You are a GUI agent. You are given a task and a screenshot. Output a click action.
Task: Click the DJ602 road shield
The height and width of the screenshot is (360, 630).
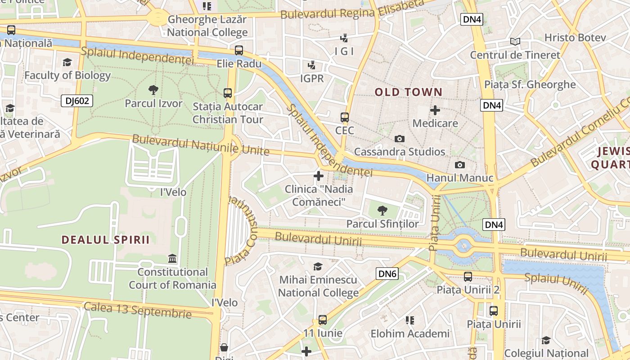77,101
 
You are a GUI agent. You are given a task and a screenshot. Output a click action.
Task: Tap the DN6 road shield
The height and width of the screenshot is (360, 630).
387,273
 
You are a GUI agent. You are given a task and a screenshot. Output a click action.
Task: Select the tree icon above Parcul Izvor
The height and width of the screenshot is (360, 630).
153,90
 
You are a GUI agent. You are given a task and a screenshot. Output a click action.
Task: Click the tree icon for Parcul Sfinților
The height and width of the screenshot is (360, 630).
382,210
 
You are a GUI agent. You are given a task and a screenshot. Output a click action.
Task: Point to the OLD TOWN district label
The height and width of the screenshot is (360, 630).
409,92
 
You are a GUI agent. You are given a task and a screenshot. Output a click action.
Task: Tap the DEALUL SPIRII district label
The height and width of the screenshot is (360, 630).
105,239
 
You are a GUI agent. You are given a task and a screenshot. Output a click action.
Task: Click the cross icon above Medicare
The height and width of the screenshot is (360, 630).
435,110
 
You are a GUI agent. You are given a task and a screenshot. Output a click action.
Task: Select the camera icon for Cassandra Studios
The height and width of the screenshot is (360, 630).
399,139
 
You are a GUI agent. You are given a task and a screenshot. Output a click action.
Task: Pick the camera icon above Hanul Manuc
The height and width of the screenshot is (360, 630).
459,165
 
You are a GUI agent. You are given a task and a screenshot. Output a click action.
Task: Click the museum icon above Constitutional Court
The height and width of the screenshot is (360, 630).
172,259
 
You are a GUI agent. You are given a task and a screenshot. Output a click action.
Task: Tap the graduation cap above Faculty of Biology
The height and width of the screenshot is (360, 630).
67,62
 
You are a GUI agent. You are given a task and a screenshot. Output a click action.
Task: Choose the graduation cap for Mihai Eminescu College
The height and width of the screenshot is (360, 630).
318,266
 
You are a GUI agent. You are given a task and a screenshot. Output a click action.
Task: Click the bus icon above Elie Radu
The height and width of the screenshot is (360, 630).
239,50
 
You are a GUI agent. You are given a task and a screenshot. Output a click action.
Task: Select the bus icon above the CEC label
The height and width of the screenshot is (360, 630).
345,117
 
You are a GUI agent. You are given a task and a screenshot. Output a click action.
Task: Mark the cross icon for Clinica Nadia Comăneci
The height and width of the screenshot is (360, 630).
319,175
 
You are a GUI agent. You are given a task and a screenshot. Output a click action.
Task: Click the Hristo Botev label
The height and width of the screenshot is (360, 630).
575,37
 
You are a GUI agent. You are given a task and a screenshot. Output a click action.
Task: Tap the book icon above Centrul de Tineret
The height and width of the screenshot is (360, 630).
515,42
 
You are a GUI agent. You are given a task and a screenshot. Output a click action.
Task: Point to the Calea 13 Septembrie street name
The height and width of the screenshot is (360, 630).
137,310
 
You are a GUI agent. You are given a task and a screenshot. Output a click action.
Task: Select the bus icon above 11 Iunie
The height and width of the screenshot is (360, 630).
323,320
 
